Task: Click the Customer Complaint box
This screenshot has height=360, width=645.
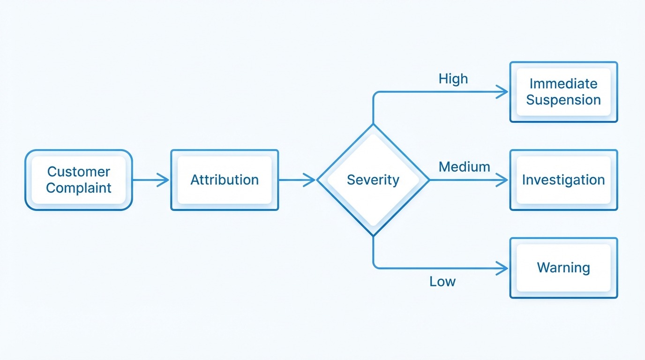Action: click(x=79, y=180)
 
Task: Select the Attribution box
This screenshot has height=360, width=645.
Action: click(x=225, y=180)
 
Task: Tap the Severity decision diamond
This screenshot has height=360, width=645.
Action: click(x=373, y=180)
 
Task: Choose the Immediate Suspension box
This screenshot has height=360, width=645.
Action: click(x=563, y=92)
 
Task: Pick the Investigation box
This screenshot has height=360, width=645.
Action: click(x=563, y=180)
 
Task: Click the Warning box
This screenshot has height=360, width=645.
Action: click(x=563, y=268)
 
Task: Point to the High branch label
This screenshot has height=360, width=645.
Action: click(x=453, y=79)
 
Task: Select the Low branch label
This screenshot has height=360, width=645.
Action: click(x=442, y=281)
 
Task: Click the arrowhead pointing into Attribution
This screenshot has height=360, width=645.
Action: click(x=164, y=180)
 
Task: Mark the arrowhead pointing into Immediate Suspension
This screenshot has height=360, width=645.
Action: click(x=503, y=92)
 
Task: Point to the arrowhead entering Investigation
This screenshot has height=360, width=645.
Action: click(x=503, y=180)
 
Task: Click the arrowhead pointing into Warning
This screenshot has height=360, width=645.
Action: click(x=503, y=268)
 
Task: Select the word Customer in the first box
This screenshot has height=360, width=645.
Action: click(x=79, y=172)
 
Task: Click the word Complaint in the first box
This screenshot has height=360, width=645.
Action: click(x=79, y=188)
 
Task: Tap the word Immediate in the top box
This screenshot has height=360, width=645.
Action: click(x=563, y=83)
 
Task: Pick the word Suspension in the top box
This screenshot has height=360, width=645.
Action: click(x=563, y=100)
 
